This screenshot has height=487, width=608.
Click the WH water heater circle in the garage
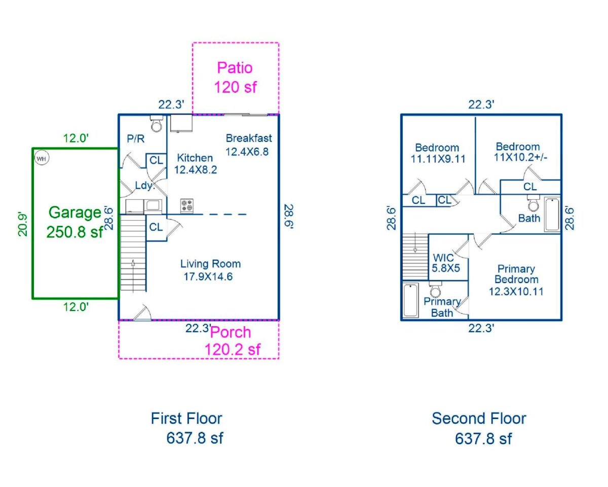(x=41, y=158)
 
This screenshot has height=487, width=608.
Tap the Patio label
(x=235, y=67)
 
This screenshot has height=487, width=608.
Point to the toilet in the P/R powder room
(x=156, y=123)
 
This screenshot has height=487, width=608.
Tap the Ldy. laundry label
(x=144, y=186)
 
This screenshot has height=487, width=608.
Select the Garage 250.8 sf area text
(x=74, y=222)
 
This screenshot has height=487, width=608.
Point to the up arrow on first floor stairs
(x=133, y=264)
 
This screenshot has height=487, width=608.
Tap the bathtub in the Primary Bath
(x=410, y=300)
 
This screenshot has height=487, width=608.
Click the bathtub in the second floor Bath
(x=552, y=215)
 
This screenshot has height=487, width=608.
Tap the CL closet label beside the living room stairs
(x=156, y=227)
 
